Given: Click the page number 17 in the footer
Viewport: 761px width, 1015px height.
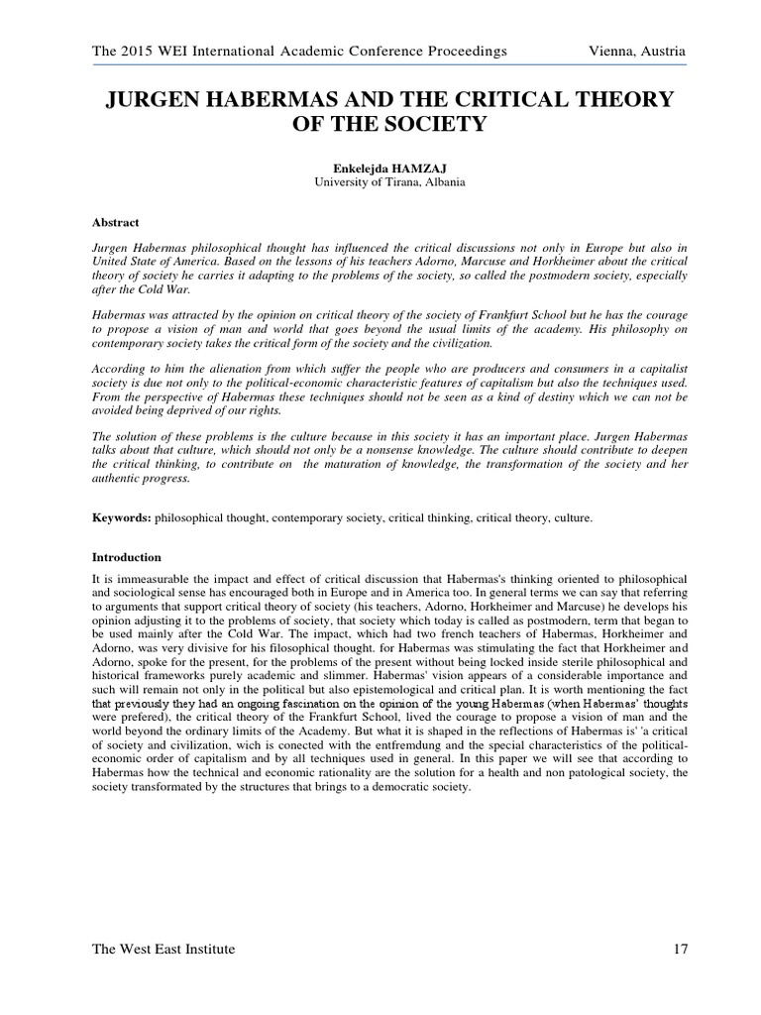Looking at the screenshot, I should (x=679, y=950).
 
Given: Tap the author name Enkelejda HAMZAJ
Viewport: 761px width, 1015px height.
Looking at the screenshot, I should (x=380, y=168).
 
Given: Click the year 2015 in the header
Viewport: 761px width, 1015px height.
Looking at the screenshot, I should (x=132, y=51).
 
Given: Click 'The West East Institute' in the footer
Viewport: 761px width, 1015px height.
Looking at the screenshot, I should (x=163, y=950).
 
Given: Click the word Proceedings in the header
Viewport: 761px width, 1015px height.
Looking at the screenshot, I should (x=464, y=51).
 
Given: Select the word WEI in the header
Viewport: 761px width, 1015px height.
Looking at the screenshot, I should (x=170, y=51).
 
